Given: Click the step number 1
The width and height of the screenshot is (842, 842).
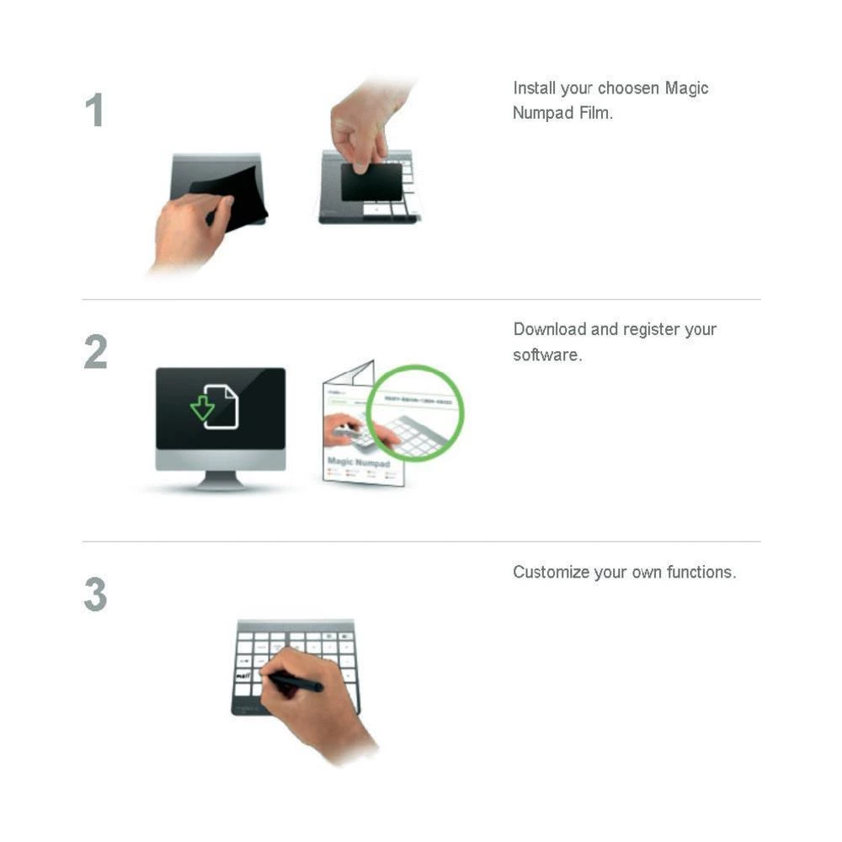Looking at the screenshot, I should pos(94,111).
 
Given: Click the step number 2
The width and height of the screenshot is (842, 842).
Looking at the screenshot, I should pos(95,353).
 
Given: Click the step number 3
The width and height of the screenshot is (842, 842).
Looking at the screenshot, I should pos(95,594).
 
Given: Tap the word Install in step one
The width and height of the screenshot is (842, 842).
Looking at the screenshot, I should pos(534,88).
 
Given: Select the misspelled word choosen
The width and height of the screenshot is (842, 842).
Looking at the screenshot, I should pos(629,88).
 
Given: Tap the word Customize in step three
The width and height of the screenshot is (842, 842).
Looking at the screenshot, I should pos(551,573).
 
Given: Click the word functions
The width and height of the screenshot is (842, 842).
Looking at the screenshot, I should pos(701,573).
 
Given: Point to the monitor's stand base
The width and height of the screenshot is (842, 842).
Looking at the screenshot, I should pos(221,485).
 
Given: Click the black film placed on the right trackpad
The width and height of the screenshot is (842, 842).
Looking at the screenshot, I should pos(370,183).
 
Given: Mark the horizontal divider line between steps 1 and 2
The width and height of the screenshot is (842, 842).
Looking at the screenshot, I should pos(421,299).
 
